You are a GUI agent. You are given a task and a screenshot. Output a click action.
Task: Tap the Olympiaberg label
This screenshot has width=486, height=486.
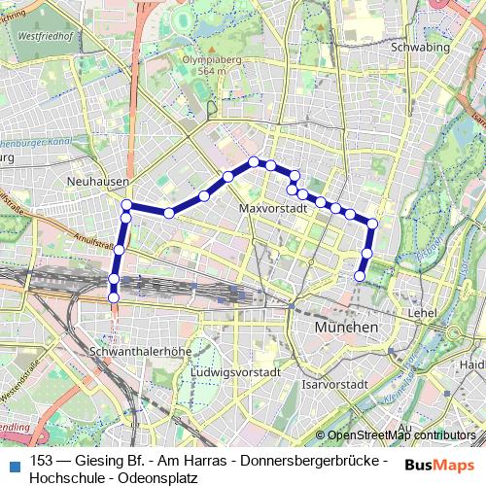point(211,58)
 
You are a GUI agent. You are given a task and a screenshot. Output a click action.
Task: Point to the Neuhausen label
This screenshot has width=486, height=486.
point(93,181)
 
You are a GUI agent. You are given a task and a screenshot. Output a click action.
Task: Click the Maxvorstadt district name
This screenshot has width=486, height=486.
point(272,208)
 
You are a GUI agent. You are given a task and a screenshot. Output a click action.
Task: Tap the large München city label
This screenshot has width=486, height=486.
point(346,329)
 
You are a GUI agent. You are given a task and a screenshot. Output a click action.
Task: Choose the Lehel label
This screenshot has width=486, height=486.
point(423,314)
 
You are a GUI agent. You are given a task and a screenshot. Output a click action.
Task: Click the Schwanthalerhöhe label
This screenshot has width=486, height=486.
point(135,350)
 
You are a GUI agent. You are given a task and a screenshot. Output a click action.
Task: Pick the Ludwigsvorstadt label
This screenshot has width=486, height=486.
point(236,372)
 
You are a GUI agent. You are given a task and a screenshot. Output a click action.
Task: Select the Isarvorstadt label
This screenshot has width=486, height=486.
point(336,385)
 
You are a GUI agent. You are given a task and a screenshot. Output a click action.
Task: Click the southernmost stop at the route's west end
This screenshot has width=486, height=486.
point(114,296)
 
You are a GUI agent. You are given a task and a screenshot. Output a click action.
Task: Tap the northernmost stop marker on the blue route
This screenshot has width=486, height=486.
point(253,161)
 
